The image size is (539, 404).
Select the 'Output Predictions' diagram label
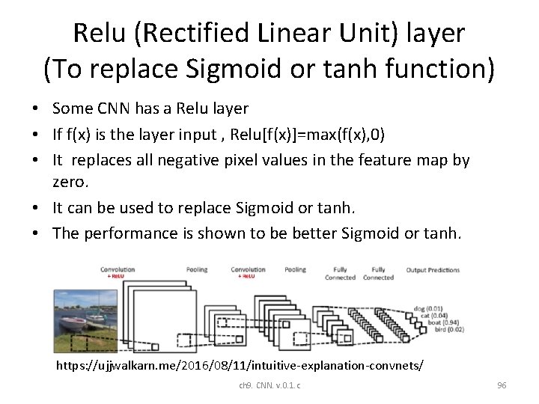(x=433, y=269)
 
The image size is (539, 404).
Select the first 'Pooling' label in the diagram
(x=197, y=269)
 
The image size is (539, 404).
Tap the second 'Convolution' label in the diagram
(x=248, y=269)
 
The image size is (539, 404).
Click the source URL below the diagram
(x=240, y=366)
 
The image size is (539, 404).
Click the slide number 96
(x=502, y=385)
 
